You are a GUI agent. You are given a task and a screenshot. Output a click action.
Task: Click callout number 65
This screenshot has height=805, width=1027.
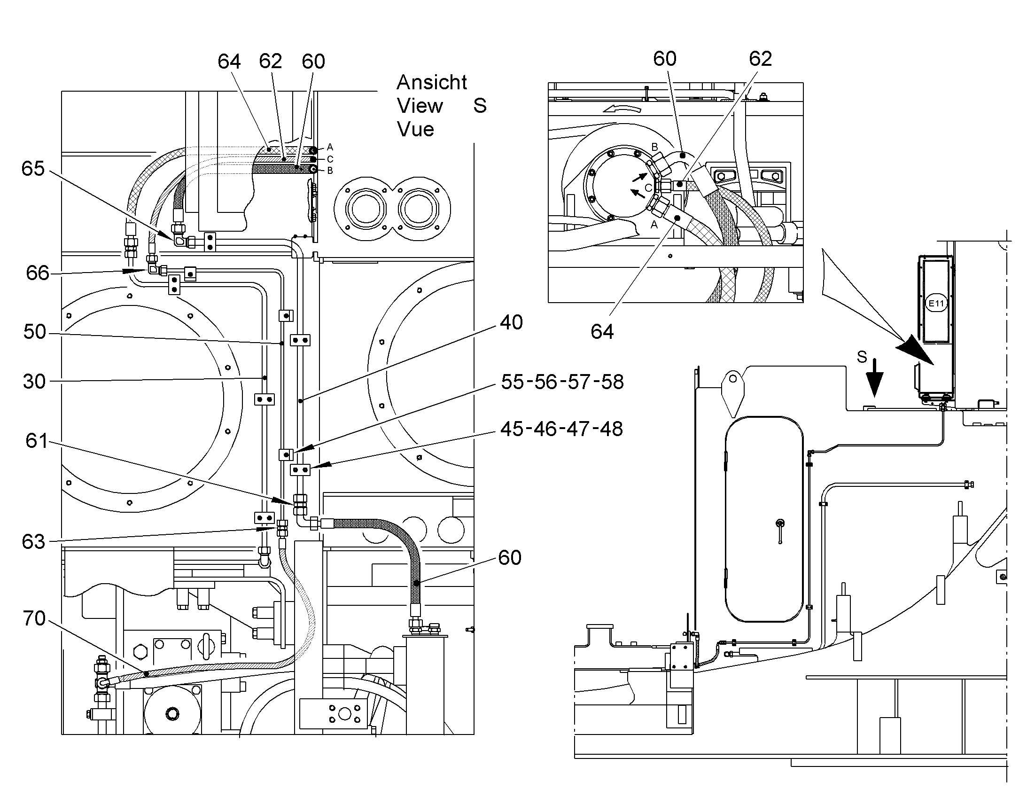33,169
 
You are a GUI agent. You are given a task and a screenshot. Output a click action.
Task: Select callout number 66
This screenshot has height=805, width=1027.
38,273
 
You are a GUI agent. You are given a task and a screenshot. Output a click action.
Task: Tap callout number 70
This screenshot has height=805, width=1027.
34,618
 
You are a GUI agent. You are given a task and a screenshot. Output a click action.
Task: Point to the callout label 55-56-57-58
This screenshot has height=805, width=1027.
562,382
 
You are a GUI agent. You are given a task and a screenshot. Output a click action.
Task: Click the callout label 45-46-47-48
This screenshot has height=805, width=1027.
561,429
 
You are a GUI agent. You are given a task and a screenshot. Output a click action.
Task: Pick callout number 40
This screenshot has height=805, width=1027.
512,322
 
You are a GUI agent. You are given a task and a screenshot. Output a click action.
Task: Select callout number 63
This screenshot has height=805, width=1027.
33,542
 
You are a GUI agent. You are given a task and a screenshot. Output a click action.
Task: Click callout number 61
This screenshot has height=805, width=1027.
37,441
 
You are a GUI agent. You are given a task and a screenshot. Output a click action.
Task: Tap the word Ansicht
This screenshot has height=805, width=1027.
432,83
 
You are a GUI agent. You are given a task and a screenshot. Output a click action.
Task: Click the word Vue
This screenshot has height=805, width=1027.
415,130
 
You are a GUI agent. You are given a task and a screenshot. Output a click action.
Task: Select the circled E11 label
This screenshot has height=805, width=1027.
936,303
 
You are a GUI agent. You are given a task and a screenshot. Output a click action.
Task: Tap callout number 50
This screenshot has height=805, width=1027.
35,332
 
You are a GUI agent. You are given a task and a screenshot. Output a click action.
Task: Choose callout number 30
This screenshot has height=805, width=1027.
34,381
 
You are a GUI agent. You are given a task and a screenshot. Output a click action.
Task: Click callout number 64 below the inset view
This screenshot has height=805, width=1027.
602,332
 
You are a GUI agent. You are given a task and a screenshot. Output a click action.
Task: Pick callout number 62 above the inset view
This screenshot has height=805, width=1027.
760,59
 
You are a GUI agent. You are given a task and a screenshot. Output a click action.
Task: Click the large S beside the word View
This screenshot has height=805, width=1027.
480,106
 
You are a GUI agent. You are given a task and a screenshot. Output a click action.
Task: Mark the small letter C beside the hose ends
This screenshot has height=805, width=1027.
330,159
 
